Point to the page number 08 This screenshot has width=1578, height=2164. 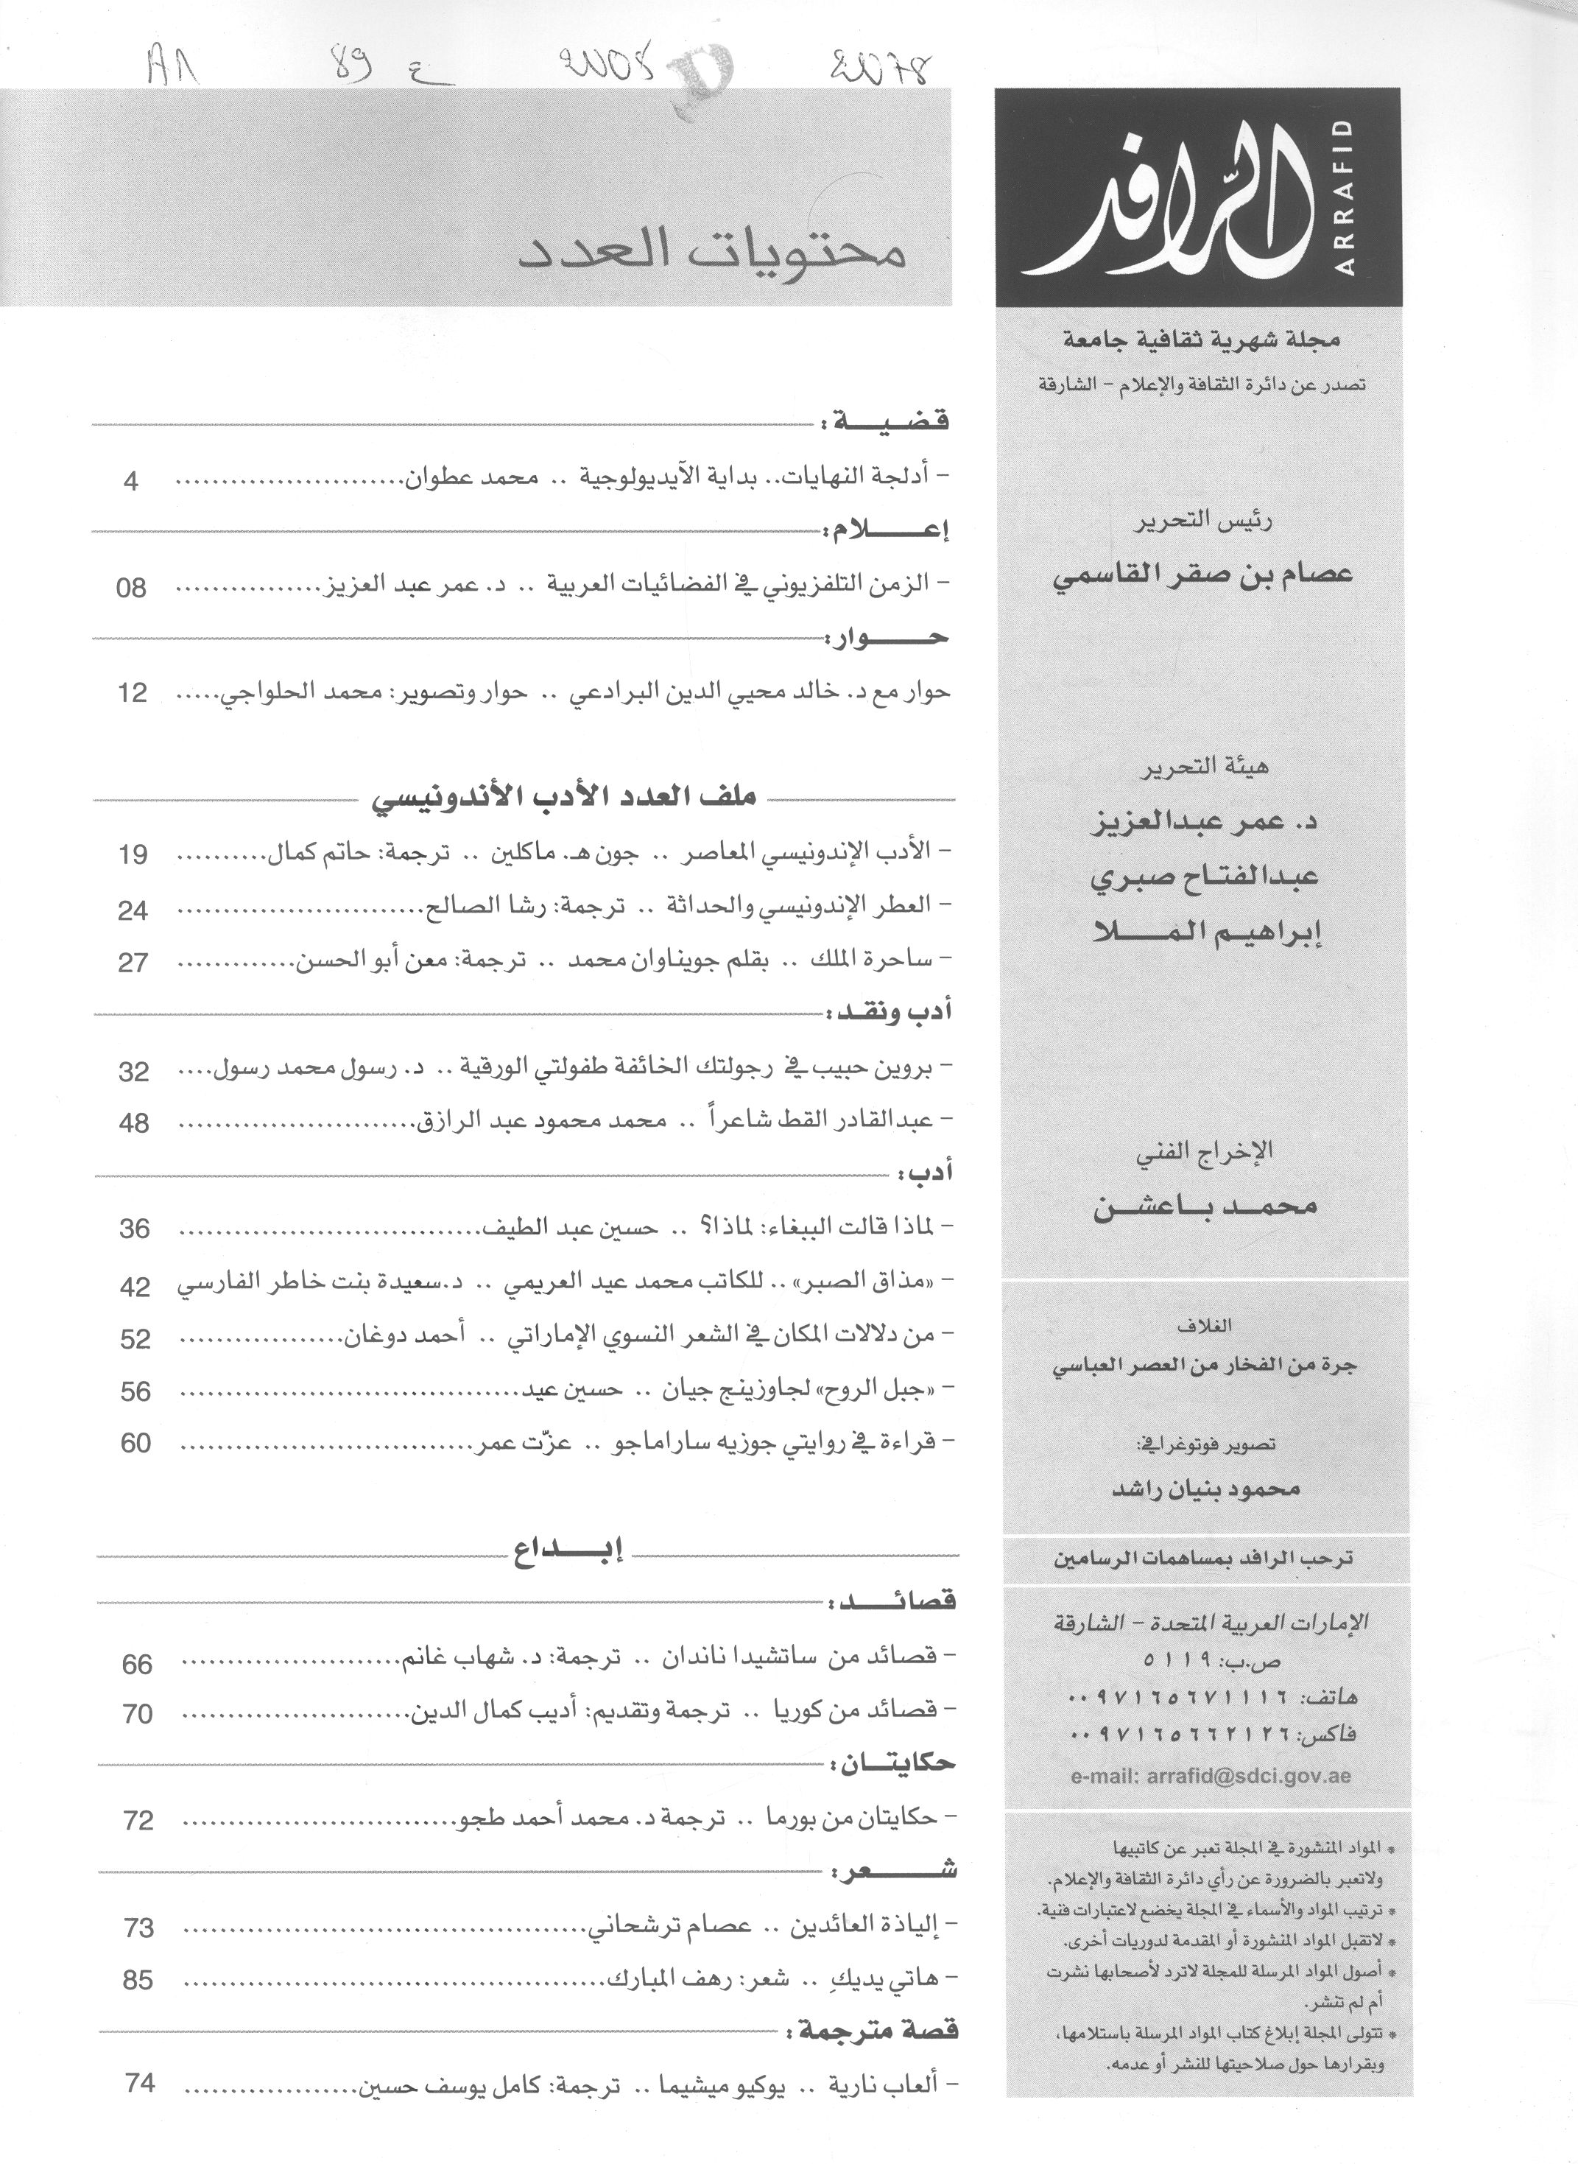click(x=131, y=589)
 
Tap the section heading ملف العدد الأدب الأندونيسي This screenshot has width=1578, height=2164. click(x=563, y=798)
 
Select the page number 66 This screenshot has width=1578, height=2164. click(x=138, y=1665)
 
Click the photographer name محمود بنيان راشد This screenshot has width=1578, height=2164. click(x=1206, y=1489)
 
